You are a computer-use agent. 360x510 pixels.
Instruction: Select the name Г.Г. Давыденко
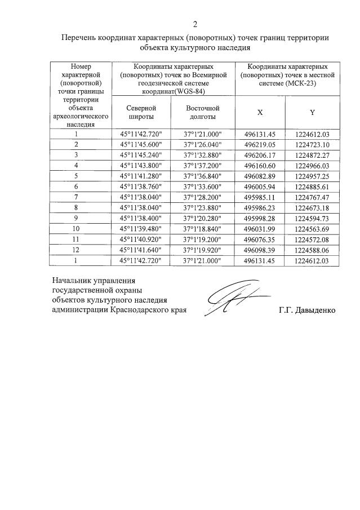pyautogui.click(x=306, y=310)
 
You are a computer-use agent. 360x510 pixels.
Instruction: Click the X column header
pyautogui.click(x=260, y=112)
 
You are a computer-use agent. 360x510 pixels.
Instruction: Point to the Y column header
pyautogui.click(x=312, y=112)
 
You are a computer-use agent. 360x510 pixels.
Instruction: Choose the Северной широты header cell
pyautogui.click(x=141, y=112)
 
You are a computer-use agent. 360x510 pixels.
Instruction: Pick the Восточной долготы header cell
pyautogui.click(x=202, y=112)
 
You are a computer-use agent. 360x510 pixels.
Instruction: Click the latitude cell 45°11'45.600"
pyautogui.click(x=141, y=144)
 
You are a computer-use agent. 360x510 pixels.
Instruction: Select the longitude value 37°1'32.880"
pyautogui.click(x=203, y=155)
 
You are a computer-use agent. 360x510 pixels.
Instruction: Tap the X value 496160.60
pyautogui.click(x=260, y=165)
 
